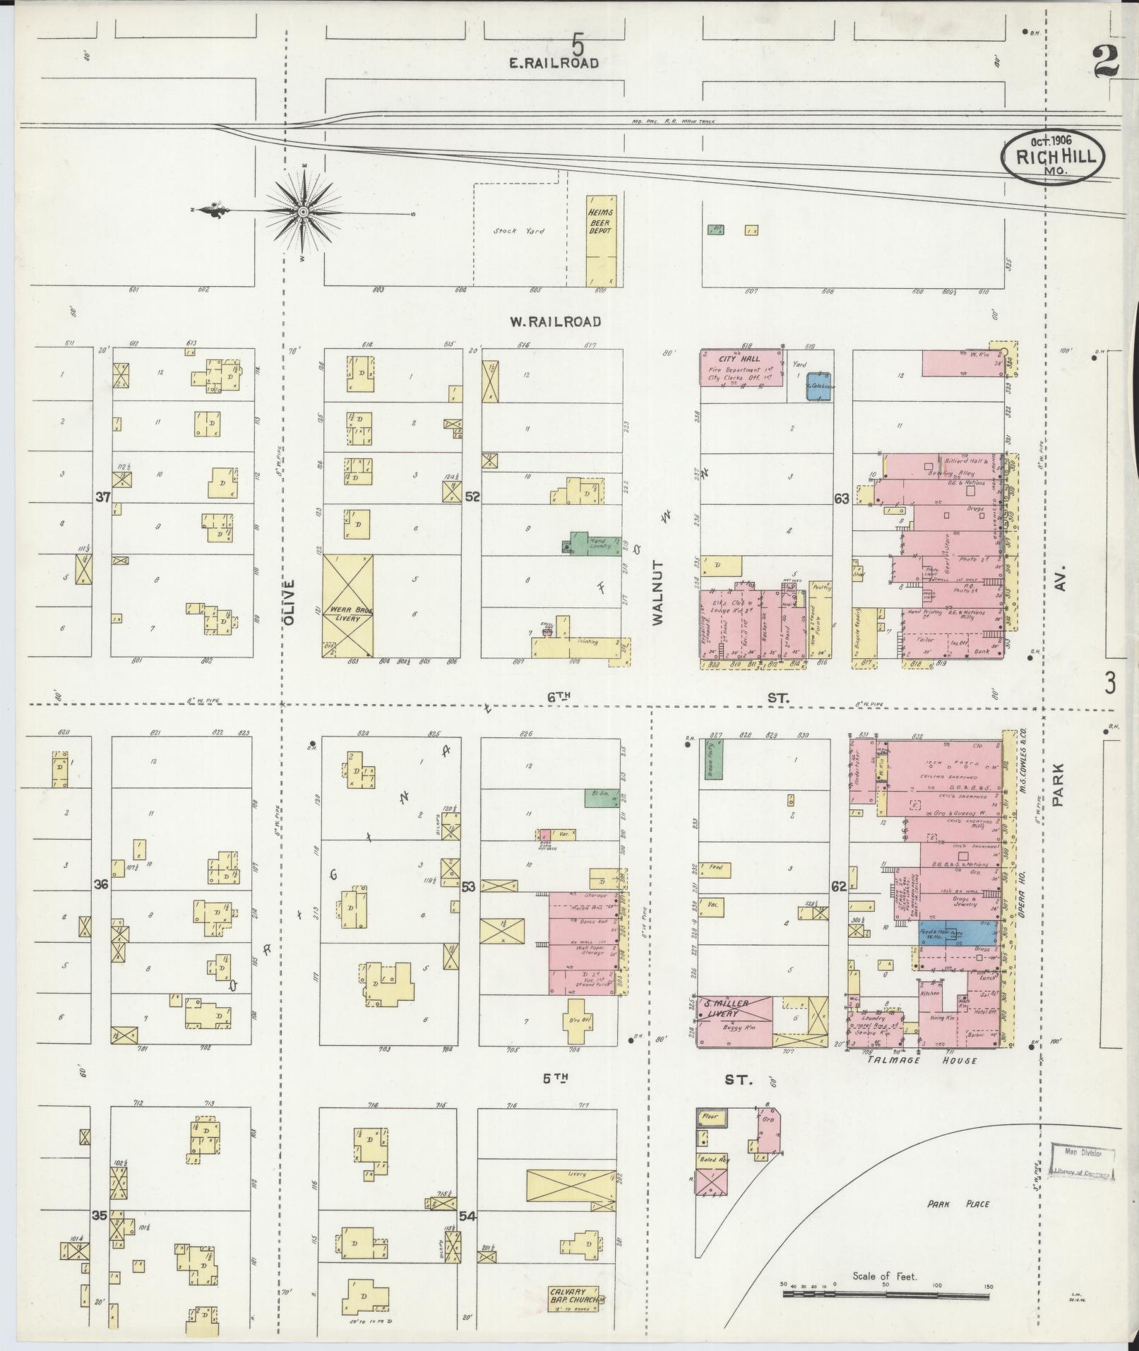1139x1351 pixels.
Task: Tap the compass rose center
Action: click(x=304, y=211)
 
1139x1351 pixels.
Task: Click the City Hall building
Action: click(x=741, y=367)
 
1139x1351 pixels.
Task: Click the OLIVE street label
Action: click(x=288, y=601)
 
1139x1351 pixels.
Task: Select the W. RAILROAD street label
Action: click(x=555, y=321)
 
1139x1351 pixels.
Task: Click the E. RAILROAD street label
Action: click(x=554, y=63)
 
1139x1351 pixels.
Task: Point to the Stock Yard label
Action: click(x=519, y=231)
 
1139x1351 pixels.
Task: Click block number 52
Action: click(x=472, y=497)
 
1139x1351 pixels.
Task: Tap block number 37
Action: click(x=103, y=497)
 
